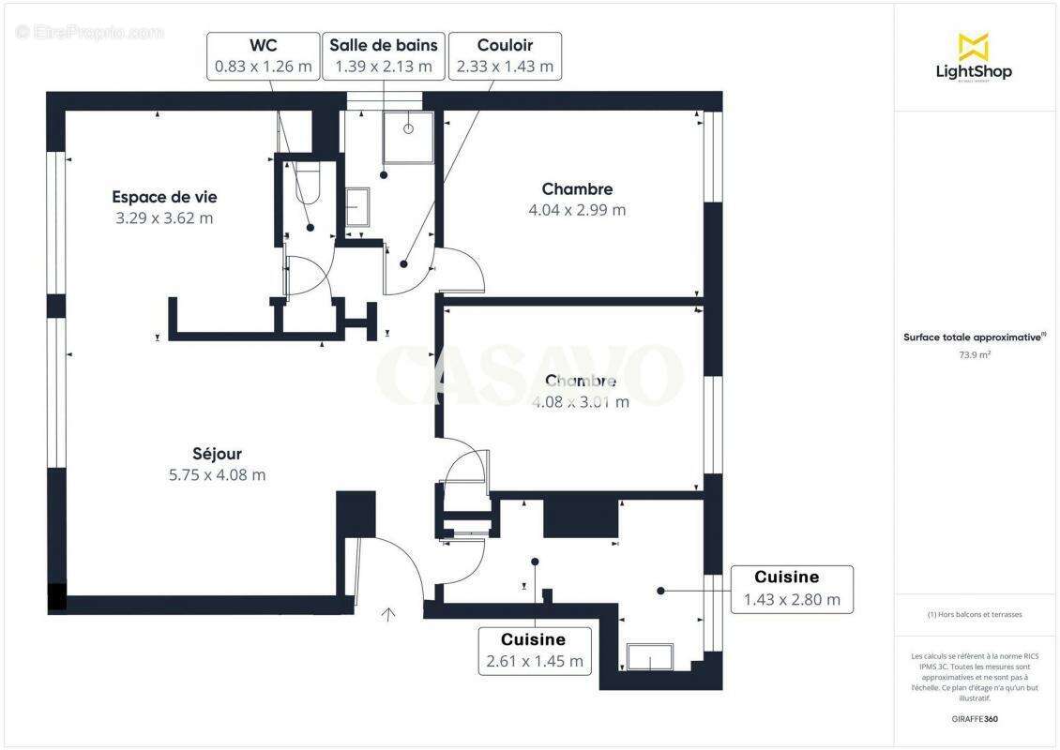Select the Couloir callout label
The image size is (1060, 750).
[505, 56]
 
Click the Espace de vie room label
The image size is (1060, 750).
[164, 197]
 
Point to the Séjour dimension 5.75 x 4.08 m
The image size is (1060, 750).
[217, 475]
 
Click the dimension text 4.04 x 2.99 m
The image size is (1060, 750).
[577, 210]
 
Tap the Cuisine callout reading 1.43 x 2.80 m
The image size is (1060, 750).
[792, 590]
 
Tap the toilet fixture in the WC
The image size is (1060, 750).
[308, 182]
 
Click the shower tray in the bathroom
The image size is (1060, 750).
[408, 137]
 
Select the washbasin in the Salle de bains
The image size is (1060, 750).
[357, 206]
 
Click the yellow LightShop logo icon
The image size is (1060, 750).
[973, 46]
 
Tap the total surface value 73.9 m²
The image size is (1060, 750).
[975, 355]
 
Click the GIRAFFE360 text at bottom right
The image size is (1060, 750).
[975, 719]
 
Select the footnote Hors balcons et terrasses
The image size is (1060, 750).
[975, 615]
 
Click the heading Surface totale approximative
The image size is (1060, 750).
[975, 337]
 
